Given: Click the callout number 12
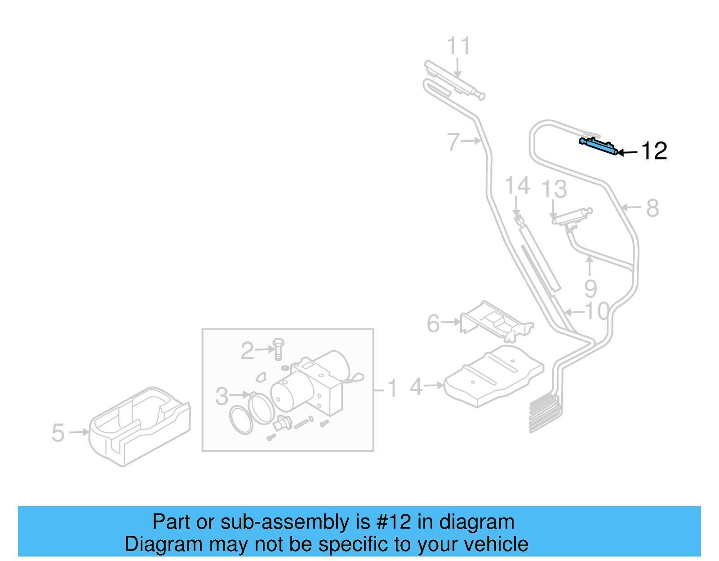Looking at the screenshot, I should pyautogui.click(x=654, y=151).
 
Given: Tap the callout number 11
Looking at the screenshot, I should pyautogui.click(x=458, y=46).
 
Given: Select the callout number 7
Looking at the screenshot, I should pyautogui.click(x=453, y=142).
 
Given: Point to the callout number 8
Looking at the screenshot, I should pyautogui.click(x=652, y=208).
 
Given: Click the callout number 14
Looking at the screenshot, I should pyautogui.click(x=517, y=186).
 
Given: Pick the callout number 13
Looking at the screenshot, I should pyautogui.click(x=554, y=189).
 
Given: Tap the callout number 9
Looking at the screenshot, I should pyautogui.click(x=590, y=288).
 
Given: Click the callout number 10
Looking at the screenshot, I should pyautogui.click(x=597, y=311).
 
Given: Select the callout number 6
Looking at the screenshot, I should pyautogui.click(x=433, y=323).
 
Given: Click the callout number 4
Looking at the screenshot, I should pyautogui.click(x=416, y=387).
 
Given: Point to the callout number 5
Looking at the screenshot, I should pyautogui.click(x=58, y=433).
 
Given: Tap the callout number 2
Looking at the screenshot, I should pyautogui.click(x=247, y=351).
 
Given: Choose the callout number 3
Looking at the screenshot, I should pyautogui.click(x=222, y=396).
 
